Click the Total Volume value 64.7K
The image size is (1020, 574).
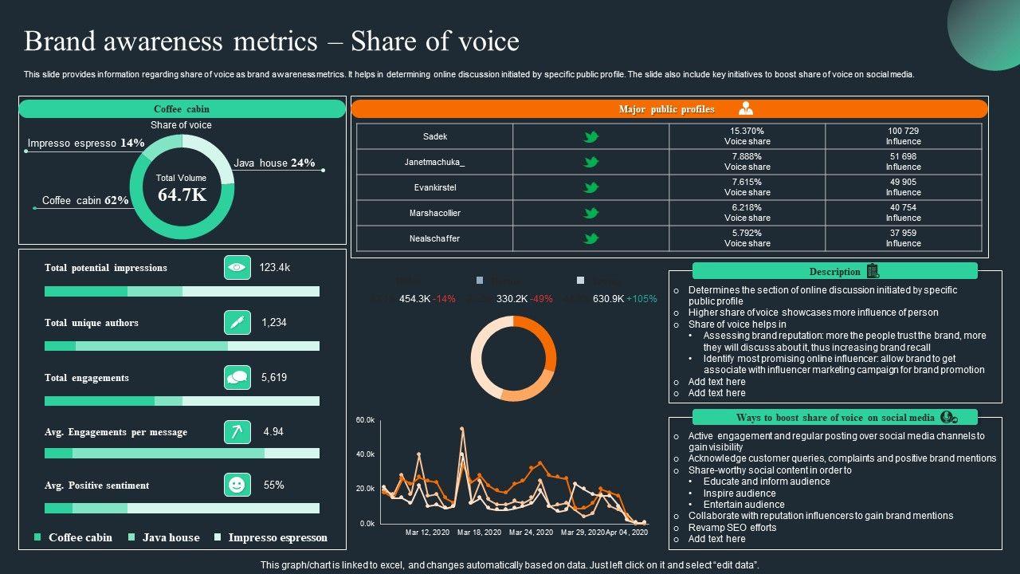182,195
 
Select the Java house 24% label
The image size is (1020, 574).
274,163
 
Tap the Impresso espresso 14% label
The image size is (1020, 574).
86,143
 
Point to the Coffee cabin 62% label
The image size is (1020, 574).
85,201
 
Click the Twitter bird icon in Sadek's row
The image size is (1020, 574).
590,137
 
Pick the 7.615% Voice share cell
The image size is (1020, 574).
747,187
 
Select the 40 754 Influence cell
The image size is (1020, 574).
903,213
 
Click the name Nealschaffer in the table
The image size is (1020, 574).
434,238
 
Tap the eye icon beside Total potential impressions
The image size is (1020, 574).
237,268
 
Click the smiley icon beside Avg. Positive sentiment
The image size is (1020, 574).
237,485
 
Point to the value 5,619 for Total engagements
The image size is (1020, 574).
274,378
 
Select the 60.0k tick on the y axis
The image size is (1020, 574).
365,420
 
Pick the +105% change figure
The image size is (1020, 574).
641,299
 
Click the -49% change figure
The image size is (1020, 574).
542,299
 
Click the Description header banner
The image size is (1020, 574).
834,272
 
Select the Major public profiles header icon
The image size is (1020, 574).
746,109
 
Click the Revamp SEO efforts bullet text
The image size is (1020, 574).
732,528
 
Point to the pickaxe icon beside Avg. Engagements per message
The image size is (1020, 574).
237,432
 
